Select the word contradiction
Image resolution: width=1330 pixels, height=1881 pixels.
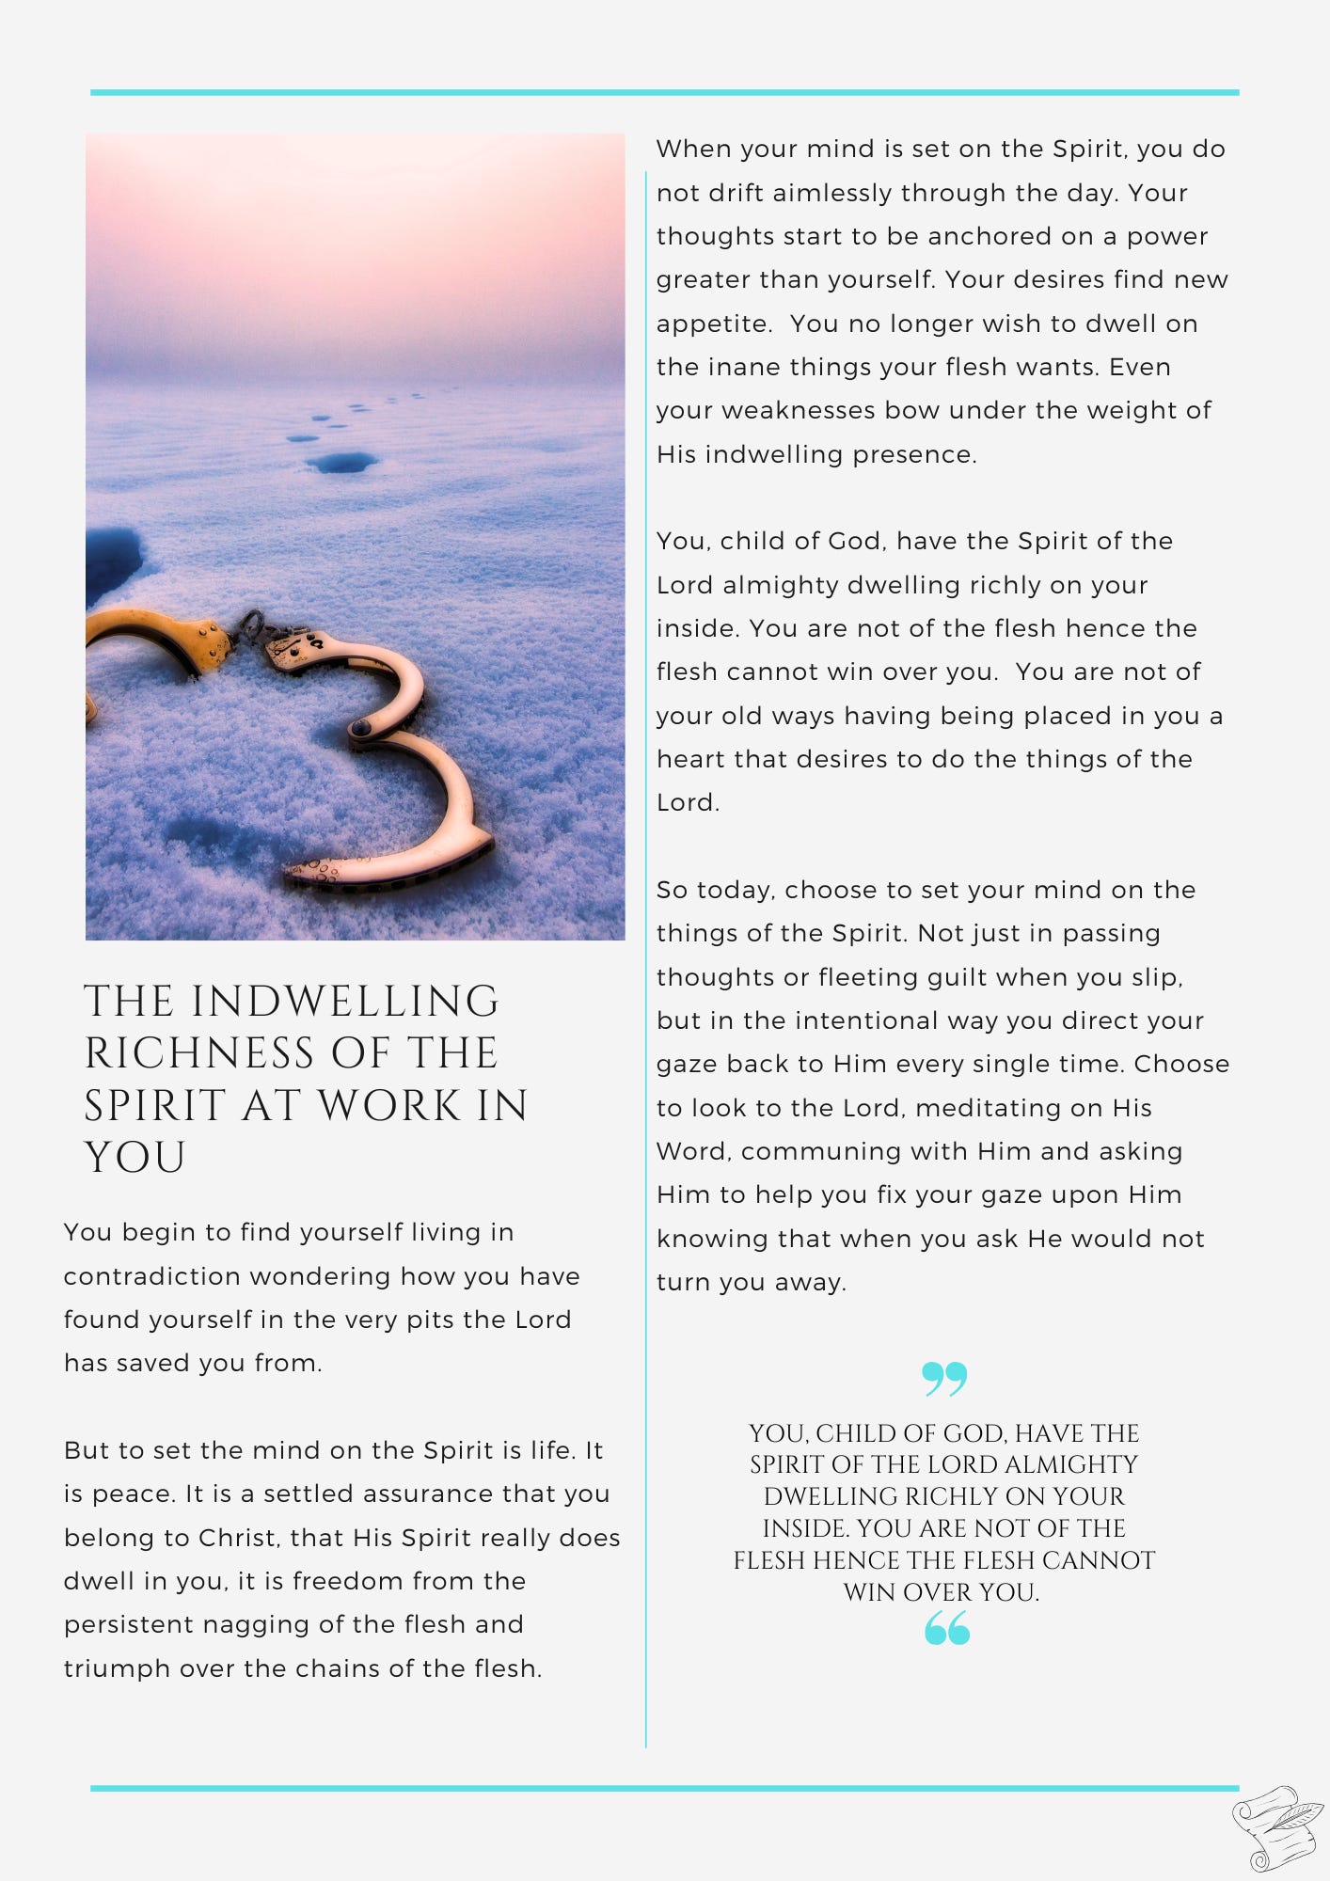point(150,1276)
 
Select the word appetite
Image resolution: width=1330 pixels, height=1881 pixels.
point(713,324)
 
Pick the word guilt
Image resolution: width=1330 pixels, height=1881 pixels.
point(946,977)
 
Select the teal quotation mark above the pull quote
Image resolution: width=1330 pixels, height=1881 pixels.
point(944,1379)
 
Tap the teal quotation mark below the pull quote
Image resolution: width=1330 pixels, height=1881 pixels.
point(946,1628)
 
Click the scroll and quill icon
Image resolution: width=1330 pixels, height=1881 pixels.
point(1276,1827)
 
